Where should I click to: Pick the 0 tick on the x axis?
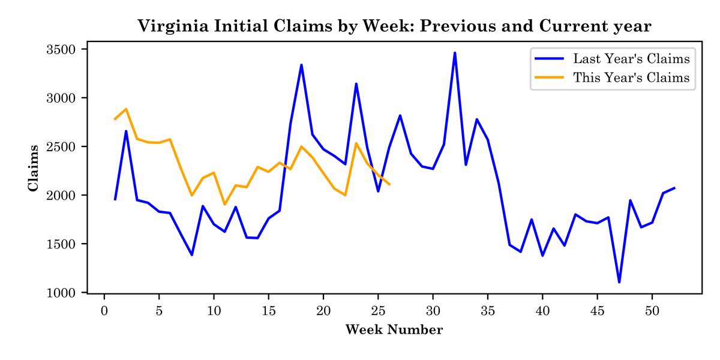(104, 311)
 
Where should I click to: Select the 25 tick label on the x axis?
(378, 311)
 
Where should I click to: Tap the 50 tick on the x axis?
(652, 311)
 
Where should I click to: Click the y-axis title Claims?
(34, 168)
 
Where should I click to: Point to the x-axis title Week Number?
(394, 330)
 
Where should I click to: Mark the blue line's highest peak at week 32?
(455, 53)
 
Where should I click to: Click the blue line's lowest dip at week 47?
(619, 282)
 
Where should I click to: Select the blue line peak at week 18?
(301, 65)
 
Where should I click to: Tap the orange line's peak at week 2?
(126, 109)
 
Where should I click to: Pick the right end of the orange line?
(389, 184)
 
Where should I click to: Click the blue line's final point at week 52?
(674, 188)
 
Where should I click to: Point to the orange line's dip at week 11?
(224, 205)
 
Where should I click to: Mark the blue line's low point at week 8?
(192, 255)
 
